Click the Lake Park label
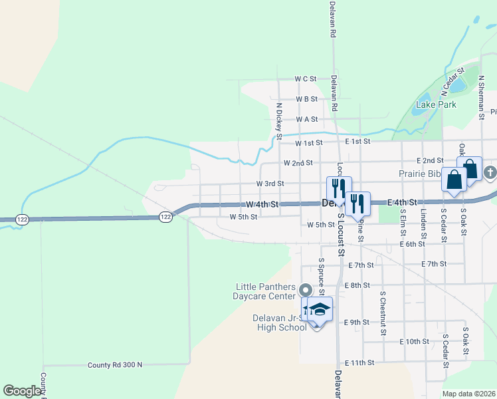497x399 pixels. pos(436,104)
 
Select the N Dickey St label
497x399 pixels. pos(280,116)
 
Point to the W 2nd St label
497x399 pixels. pos(298,163)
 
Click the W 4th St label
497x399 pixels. pos(262,204)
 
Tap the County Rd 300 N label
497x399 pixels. pos(115,365)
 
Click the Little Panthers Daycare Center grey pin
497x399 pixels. pos(306,289)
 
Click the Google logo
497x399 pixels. pos(22,391)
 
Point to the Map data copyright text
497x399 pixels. pos(469,394)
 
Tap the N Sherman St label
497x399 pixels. pos(481,97)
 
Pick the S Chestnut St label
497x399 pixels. pos(383,312)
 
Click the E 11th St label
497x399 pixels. pos(361,363)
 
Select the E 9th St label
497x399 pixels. pos(357,323)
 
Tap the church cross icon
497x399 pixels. pos(490,174)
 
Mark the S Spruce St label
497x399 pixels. pos(321,277)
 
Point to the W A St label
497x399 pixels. pos(307,119)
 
